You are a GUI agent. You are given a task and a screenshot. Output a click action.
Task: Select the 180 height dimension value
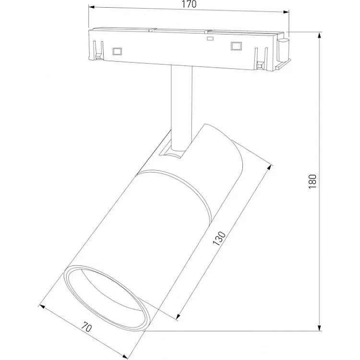[x=312, y=181]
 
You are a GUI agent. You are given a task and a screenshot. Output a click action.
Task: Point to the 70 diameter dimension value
[x=87, y=328]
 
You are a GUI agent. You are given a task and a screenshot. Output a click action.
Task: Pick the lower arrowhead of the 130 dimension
[x=179, y=317]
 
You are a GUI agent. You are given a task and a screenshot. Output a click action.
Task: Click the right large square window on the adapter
[x=235, y=46]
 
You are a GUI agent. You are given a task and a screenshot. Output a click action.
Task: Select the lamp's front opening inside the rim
[x=107, y=297]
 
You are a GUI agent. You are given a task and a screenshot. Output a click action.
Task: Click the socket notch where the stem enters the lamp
[x=172, y=152]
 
